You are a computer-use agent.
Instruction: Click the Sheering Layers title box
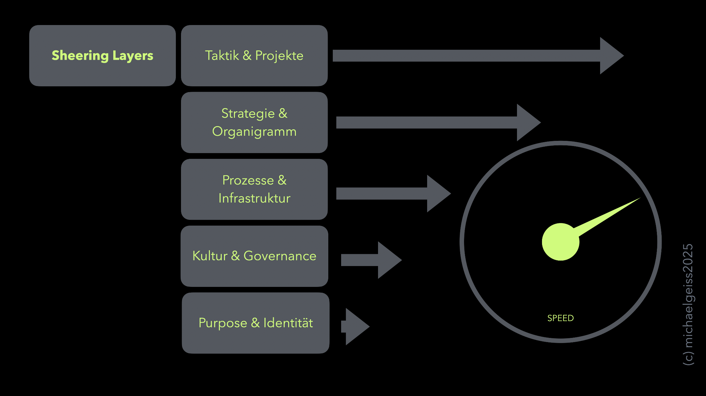[102, 56]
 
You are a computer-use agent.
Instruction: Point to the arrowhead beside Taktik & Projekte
[610, 56]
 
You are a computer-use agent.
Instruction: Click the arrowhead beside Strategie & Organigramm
[527, 122]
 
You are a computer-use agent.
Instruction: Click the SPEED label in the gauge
[560, 318]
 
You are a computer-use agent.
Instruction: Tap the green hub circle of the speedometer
[560, 242]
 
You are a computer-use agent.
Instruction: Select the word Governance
[280, 256]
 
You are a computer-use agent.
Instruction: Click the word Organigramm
[254, 132]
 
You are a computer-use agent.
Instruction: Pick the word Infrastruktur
[254, 198]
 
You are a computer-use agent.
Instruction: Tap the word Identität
[288, 323]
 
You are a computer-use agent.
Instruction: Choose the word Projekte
[279, 56]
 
